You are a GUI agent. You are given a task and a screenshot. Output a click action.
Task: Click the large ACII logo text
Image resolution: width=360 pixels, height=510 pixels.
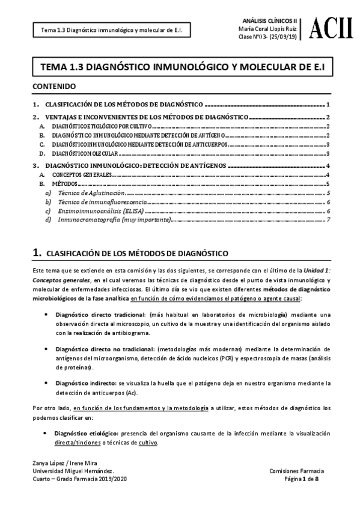tap(332, 28)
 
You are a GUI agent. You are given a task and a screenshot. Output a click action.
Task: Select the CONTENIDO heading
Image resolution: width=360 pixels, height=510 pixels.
tap(54, 87)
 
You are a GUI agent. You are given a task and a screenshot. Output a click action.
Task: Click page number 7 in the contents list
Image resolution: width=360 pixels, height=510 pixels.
tap(329, 220)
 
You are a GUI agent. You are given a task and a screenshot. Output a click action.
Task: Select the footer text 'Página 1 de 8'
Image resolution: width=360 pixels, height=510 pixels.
tap(307, 479)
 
